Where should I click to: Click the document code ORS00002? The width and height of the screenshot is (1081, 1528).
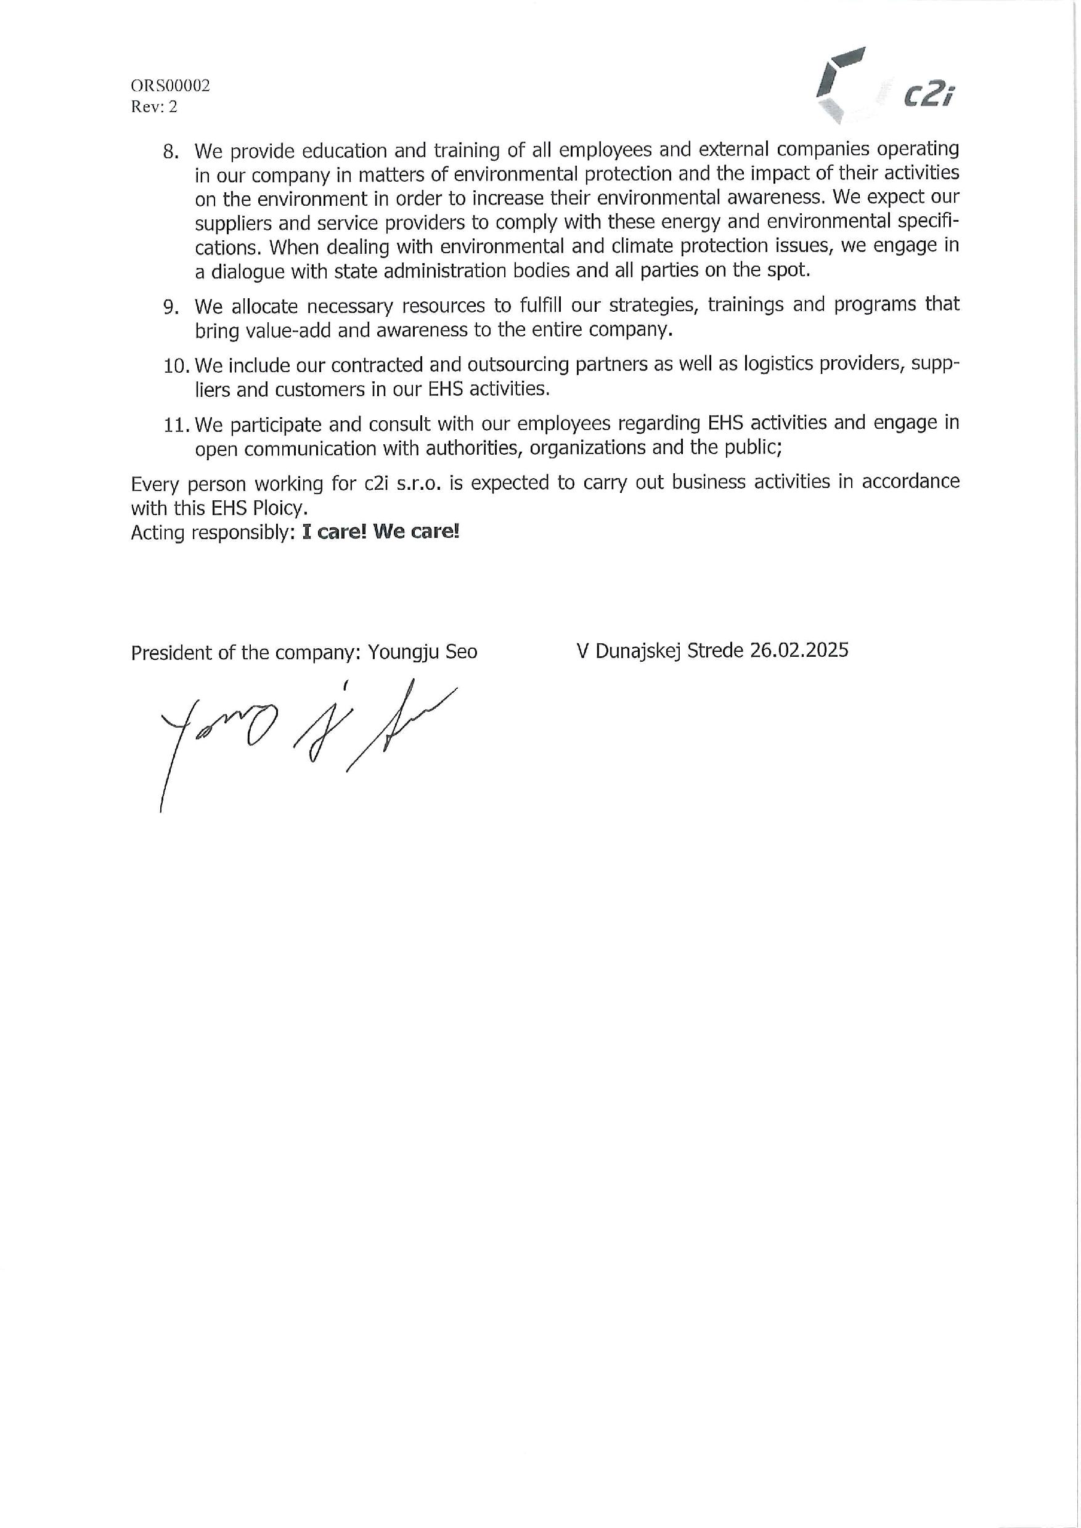click(x=170, y=86)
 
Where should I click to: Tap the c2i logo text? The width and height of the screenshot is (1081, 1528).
click(x=929, y=97)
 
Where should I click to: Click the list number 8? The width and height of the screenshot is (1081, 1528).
click(x=171, y=152)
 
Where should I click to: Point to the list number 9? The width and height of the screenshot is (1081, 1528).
click(x=171, y=307)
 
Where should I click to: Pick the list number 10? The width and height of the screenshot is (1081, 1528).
click(x=176, y=366)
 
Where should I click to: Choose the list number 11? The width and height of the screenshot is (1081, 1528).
click(x=176, y=425)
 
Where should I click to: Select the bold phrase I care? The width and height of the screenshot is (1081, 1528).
click(x=334, y=532)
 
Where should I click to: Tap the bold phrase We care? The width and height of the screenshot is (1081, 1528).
click(x=416, y=532)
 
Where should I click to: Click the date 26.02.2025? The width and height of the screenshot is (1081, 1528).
click(x=799, y=649)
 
